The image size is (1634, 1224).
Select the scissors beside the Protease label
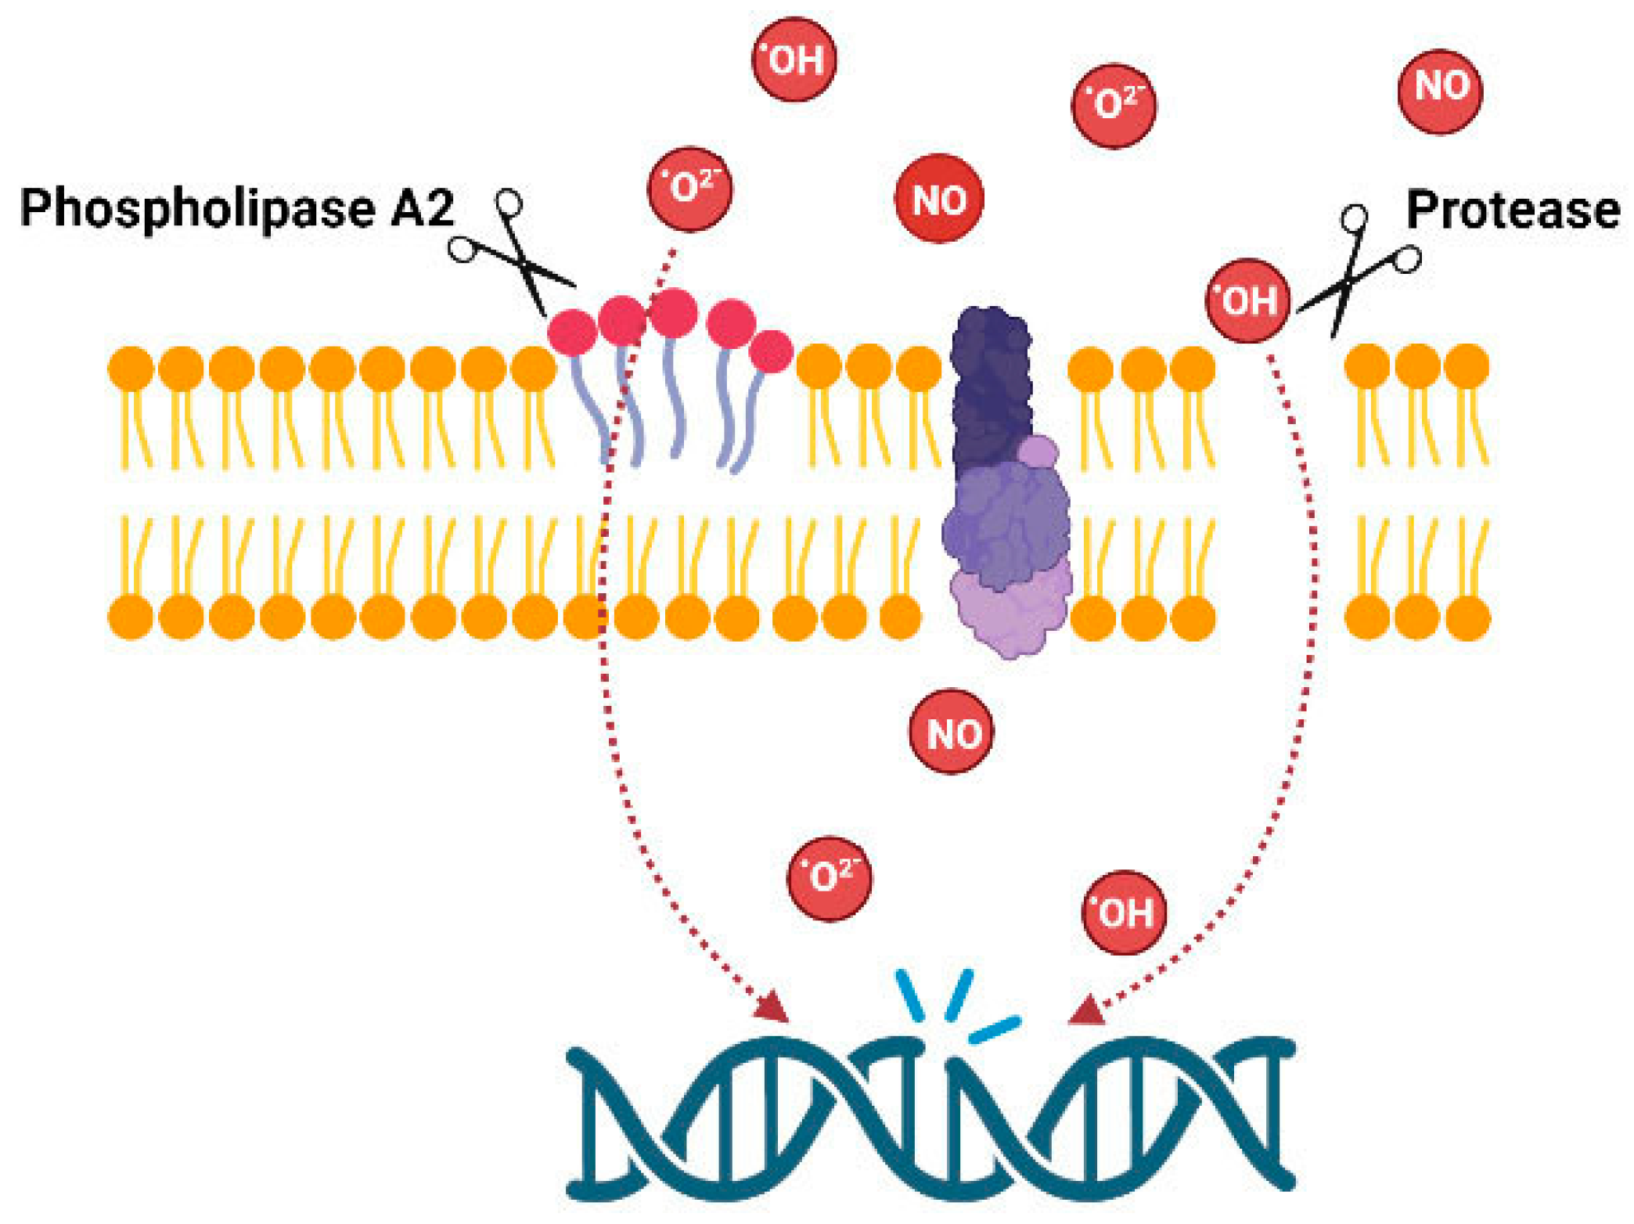tap(1358, 270)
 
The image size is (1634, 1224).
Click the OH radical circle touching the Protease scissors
tap(1247, 301)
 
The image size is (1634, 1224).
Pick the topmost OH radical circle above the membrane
tap(794, 59)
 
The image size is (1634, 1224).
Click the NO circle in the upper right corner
tap(1440, 90)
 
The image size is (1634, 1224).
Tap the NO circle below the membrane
tap(951, 732)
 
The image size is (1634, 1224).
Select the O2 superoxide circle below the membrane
tap(828, 878)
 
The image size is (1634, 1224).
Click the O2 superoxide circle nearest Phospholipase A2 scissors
tap(689, 189)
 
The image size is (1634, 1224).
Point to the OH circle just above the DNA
tap(1124, 912)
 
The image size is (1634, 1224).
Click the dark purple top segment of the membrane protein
tap(989, 376)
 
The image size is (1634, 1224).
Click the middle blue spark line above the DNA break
tap(959, 994)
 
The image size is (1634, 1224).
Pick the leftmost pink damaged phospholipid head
tap(572, 332)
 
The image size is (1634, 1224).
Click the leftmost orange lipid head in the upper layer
tap(131, 368)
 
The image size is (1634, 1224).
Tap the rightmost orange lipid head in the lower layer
tap(1467, 617)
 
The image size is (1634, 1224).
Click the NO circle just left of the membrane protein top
tap(938, 199)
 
